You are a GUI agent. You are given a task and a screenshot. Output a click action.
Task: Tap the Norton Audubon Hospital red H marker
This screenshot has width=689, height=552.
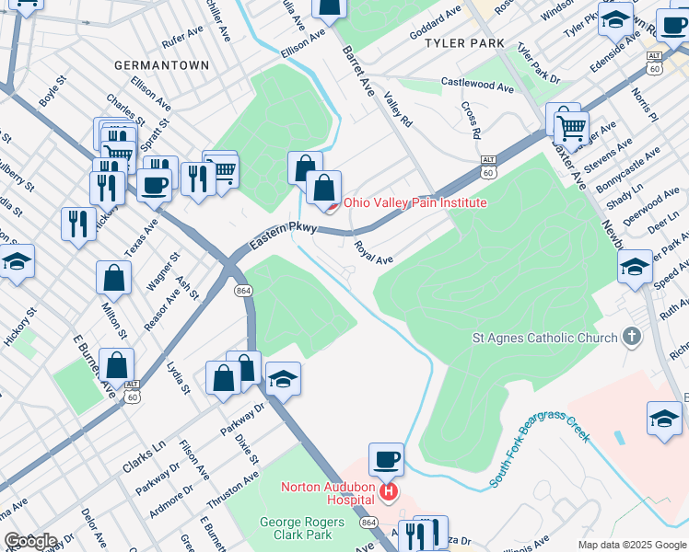(x=389, y=493)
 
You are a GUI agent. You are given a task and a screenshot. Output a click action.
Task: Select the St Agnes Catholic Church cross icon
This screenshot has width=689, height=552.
(x=631, y=338)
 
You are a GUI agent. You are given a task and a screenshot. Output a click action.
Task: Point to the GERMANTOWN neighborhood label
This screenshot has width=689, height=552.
(x=161, y=66)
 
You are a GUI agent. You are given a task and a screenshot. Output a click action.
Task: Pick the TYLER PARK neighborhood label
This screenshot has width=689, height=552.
(x=472, y=43)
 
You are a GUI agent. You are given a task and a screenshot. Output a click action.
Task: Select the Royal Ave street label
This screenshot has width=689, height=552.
(x=374, y=253)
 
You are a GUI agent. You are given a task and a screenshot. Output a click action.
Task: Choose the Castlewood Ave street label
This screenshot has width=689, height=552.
(x=477, y=86)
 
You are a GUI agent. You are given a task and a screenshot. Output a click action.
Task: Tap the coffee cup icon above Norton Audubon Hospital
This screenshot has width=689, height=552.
(x=387, y=458)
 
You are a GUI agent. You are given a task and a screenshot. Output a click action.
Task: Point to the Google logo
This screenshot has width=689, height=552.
(x=29, y=541)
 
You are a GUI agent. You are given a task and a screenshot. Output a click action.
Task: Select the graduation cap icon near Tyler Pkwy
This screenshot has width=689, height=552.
(x=615, y=17)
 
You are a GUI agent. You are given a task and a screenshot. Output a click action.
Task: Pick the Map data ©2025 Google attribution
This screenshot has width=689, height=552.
(x=631, y=545)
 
